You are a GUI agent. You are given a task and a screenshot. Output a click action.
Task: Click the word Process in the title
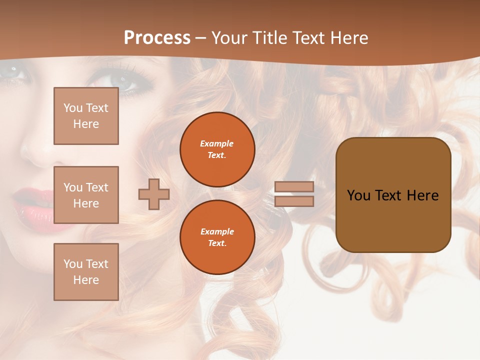[157, 38]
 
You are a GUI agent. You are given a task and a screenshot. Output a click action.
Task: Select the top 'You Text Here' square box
[86, 116]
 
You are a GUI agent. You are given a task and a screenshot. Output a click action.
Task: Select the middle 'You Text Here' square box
[86, 195]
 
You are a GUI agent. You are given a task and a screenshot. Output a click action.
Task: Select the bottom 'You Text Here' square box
[86, 271]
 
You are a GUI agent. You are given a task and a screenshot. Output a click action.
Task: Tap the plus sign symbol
[153, 194]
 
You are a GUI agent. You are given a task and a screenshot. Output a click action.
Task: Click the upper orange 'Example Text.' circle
[217, 149]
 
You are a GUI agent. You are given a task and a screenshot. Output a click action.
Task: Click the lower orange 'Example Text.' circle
[217, 237]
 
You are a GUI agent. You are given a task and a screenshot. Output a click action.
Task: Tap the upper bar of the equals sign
[294, 187]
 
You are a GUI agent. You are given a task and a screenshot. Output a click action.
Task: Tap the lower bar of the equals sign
[294, 201]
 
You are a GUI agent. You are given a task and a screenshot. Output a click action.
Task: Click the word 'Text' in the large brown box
[392, 195]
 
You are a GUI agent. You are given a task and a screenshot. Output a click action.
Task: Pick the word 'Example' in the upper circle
[216, 143]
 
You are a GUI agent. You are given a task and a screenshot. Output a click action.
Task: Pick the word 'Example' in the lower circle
[217, 231]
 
